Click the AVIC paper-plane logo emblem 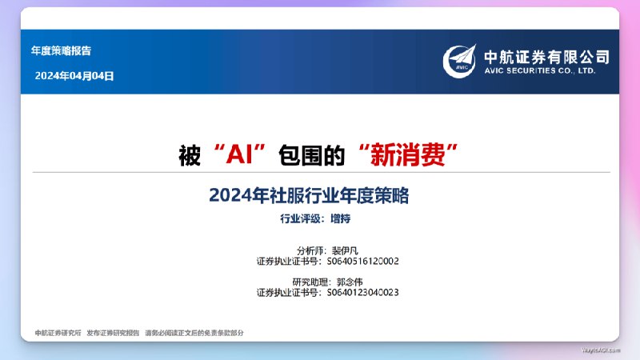(462, 59)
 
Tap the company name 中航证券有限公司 (546, 56)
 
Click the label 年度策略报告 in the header (61, 50)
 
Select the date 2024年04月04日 (74, 76)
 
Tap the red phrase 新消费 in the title (411, 155)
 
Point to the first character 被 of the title (189, 155)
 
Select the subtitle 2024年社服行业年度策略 (314, 194)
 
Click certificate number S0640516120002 (363, 261)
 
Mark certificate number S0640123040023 (363, 293)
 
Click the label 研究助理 (310, 282)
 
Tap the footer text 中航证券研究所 (58, 332)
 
